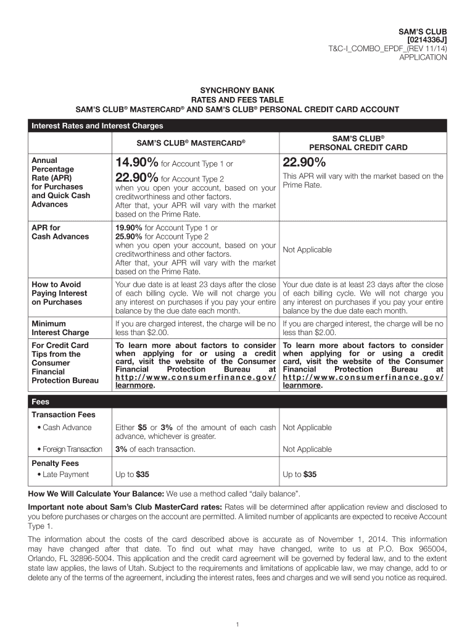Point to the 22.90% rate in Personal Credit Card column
click(304, 162)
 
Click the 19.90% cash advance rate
click(128, 228)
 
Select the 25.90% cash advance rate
click(128, 236)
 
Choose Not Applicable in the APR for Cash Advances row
click(307, 250)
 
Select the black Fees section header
click(237, 402)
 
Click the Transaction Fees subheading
click(63, 415)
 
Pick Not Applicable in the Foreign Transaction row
click(307, 449)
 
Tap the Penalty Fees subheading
click(56, 463)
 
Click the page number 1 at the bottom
click(238, 624)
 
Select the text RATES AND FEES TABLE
click(237, 99)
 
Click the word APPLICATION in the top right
click(423, 57)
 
